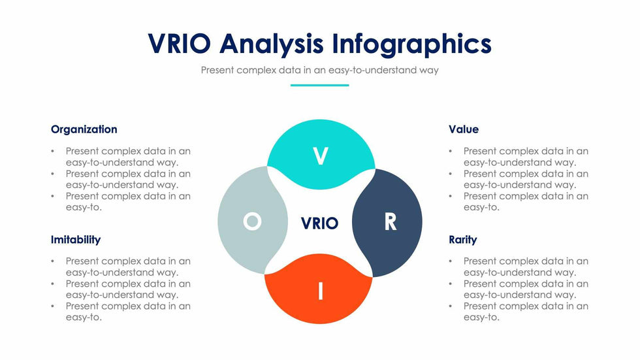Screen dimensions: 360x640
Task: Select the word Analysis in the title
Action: point(272,44)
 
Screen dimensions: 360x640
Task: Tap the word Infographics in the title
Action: point(411,44)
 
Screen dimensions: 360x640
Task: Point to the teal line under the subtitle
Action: point(319,85)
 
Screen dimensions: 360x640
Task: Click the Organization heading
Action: point(84,129)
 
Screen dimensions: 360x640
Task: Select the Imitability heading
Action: point(76,240)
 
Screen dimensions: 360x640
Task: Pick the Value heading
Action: point(464,129)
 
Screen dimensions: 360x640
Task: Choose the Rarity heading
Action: point(463,240)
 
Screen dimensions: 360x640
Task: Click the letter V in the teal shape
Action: point(320,157)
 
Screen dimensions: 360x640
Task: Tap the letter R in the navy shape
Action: point(390,223)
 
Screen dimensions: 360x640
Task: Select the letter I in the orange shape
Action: point(320,291)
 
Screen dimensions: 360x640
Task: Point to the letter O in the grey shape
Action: point(252,222)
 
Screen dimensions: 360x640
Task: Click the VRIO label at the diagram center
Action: point(319,223)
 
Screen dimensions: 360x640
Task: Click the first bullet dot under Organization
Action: point(53,152)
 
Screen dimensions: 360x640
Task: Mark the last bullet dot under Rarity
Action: point(451,306)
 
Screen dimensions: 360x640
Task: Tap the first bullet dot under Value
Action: point(451,152)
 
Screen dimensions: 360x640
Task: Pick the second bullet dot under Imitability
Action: point(53,284)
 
